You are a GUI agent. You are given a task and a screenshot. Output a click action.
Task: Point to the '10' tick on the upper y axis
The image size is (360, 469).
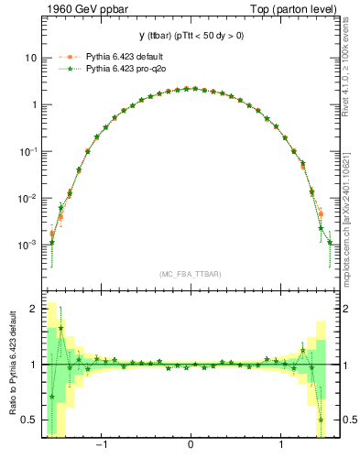[29, 58]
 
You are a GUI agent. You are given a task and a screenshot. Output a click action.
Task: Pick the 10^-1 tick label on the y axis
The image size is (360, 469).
[27, 151]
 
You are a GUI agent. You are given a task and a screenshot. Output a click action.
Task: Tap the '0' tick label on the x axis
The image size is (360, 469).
[190, 446]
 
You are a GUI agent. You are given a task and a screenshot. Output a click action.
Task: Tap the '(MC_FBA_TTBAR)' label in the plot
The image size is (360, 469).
[190, 274]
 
